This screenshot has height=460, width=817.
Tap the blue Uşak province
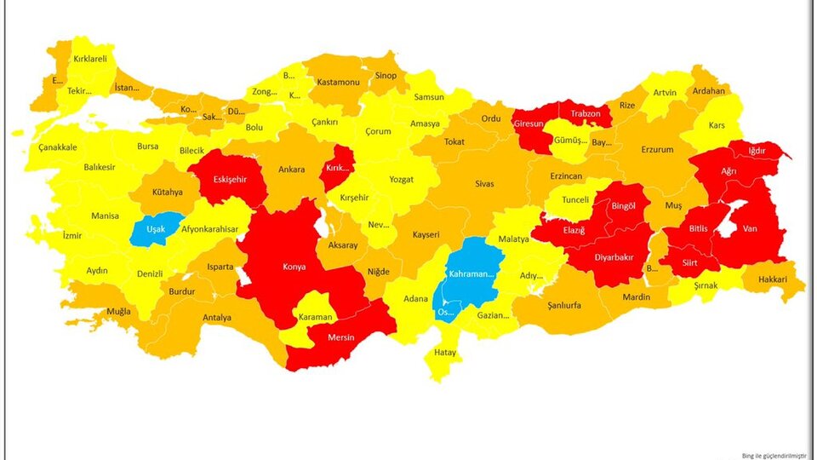tap(157, 229)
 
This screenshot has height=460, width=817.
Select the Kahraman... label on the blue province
tap(471, 273)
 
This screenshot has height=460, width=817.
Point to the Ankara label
tap(291, 170)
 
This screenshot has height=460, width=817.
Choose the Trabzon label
tap(586, 113)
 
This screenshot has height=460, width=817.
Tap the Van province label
tap(750, 228)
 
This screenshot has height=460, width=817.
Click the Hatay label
tap(445, 353)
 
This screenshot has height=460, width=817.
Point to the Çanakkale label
tap(58, 147)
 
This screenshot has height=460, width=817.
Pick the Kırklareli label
tap(90, 59)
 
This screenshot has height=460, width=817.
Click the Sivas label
tap(484, 182)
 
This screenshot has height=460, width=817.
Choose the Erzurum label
tap(657, 150)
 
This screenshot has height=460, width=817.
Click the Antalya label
tap(217, 318)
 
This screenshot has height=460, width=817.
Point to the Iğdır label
tap(757, 151)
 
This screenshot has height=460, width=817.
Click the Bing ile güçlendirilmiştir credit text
tap(772, 454)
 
